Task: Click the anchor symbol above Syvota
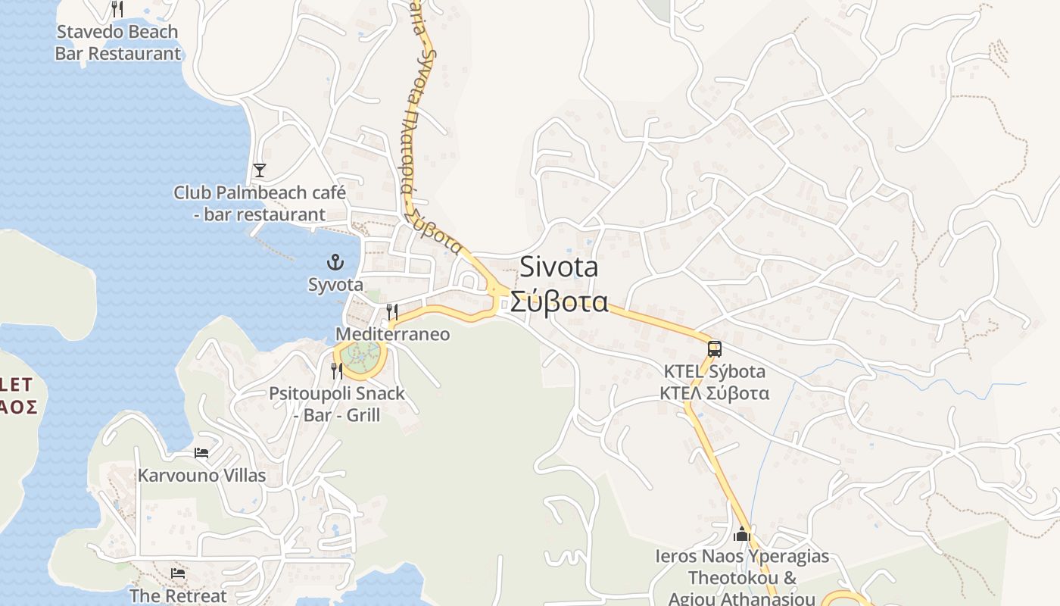(x=335, y=263)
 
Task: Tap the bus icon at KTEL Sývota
(x=714, y=349)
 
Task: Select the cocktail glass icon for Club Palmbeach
(x=260, y=170)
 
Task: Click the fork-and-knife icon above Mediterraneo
(x=391, y=311)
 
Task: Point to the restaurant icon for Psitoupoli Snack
(x=337, y=370)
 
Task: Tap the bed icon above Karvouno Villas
(x=201, y=453)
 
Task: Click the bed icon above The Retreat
(x=178, y=573)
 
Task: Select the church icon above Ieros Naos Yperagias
(x=741, y=534)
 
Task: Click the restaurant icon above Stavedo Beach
(x=117, y=9)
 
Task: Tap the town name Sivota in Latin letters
(x=559, y=267)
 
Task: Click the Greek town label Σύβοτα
(x=559, y=301)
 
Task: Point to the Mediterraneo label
(x=392, y=334)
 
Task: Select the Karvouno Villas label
(x=201, y=476)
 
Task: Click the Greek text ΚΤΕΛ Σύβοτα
(x=714, y=393)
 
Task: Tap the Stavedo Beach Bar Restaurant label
(x=117, y=42)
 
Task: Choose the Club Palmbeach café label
(x=260, y=203)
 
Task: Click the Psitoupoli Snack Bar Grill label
(x=337, y=405)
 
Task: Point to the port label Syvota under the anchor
(x=335, y=285)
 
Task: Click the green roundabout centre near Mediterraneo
(x=360, y=353)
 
